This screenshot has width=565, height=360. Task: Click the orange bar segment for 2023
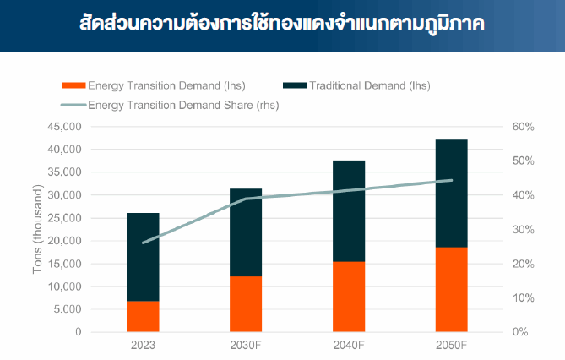tap(143, 316)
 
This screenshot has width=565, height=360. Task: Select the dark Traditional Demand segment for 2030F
tap(246, 232)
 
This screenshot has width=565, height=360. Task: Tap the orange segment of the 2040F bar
tap(348, 296)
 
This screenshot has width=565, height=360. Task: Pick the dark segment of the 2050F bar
tap(451, 193)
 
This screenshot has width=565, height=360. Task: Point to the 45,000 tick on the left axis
tap(62, 127)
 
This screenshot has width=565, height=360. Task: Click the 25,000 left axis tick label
tap(62, 218)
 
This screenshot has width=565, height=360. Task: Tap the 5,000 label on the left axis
tap(66, 309)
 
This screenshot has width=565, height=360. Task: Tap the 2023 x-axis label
tap(143, 346)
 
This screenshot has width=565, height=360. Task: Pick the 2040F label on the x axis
tap(348, 346)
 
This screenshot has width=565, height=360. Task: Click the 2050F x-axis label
tap(451, 346)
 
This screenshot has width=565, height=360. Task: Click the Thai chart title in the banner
tap(282, 22)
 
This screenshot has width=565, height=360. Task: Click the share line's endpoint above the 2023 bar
tap(144, 243)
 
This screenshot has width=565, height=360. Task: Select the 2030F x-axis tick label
tap(246, 346)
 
